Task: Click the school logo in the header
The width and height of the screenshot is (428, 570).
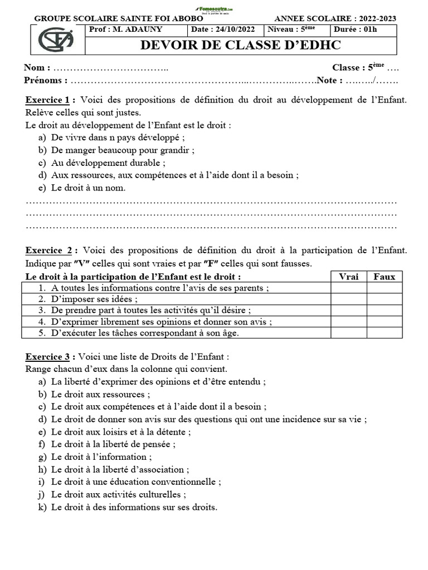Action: [56, 40]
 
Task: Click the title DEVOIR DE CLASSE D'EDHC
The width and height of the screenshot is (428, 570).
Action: [240, 46]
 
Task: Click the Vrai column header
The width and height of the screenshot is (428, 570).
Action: [348, 277]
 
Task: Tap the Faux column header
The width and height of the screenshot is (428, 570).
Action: [384, 277]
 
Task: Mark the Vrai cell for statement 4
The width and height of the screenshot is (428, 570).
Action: [348, 321]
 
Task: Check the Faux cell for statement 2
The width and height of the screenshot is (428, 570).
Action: [384, 299]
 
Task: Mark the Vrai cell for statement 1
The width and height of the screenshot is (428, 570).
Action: [348, 288]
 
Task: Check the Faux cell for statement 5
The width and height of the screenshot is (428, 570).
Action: [384, 333]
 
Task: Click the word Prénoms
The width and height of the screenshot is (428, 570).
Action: [45, 80]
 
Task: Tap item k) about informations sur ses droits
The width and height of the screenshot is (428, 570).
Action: [134, 507]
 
